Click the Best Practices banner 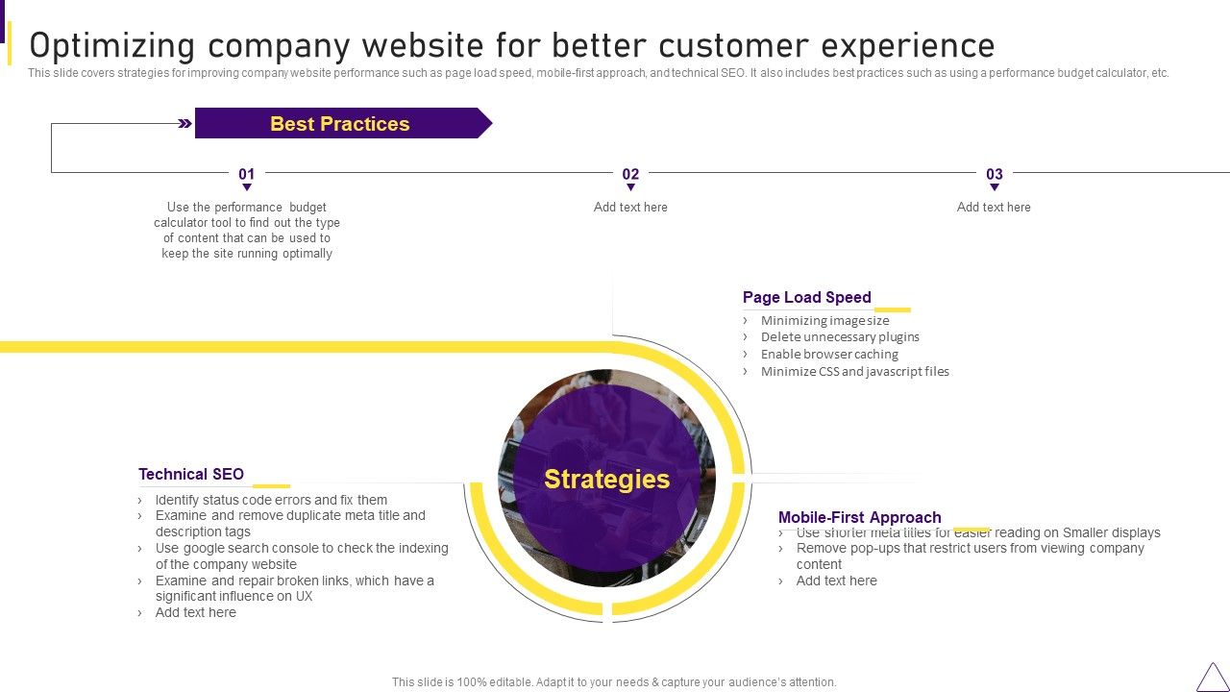(x=340, y=124)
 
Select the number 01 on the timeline (x=247, y=174)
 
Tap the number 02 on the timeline (x=630, y=174)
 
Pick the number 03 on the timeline (x=995, y=174)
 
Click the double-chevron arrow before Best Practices (x=185, y=123)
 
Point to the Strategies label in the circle (x=606, y=479)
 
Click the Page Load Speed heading (x=806, y=298)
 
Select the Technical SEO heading (x=191, y=474)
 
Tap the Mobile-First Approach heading (x=859, y=517)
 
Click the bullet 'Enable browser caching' (x=829, y=355)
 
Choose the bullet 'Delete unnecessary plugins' (x=840, y=337)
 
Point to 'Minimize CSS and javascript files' (x=854, y=372)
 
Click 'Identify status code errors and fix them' (x=271, y=500)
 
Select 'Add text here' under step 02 (x=630, y=208)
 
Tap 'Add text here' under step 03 (x=994, y=208)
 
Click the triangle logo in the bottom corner (x=1212, y=677)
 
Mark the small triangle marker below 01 (x=247, y=187)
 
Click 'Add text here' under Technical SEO (x=195, y=613)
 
